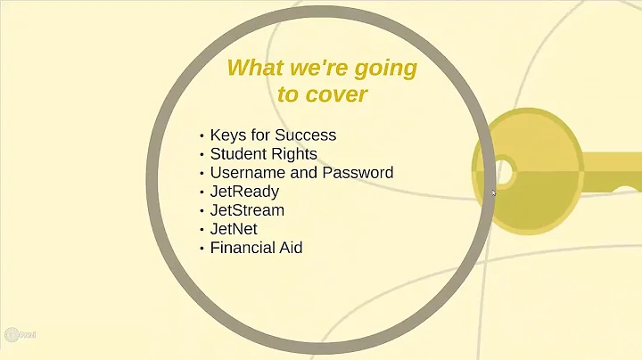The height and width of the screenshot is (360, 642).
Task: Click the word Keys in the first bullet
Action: (x=226, y=135)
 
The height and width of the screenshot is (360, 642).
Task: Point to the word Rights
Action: (x=294, y=154)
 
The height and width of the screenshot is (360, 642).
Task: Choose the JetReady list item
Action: (x=244, y=192)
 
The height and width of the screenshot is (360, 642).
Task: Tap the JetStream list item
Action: (x=247, y=210)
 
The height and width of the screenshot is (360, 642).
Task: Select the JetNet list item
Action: (x=235, y=229)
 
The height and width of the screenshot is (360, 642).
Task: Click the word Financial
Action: (x=244, y=248)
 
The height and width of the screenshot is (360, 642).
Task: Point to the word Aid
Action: (x=292, y=248)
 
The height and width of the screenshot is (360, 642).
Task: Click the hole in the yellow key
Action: (x=503, y=169)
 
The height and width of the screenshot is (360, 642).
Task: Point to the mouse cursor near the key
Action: (x=494, y=192)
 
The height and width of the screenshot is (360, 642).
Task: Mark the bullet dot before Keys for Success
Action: (x=202, y=136)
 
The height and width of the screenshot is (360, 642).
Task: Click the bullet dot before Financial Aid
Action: (x=202, y=249)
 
